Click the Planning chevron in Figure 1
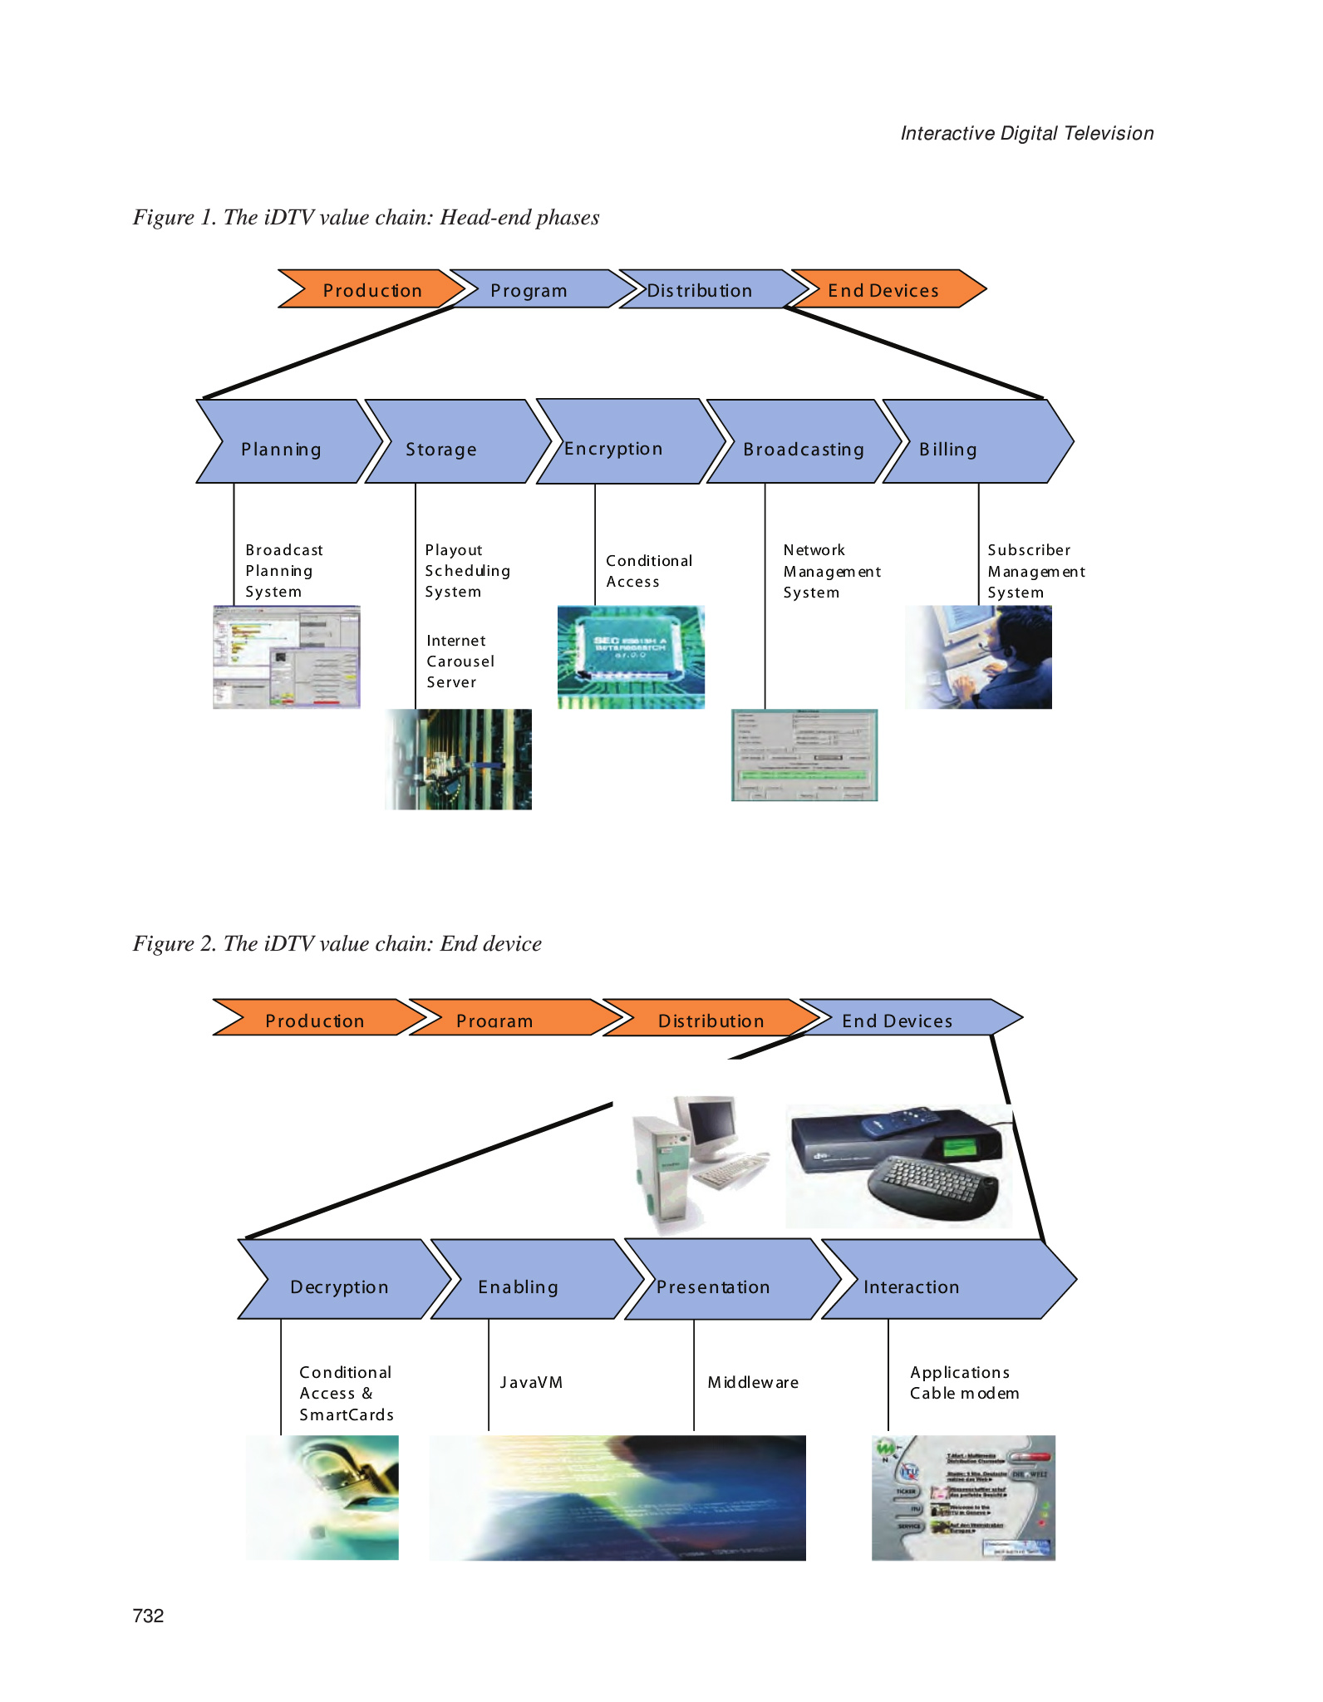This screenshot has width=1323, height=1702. pos(283,441)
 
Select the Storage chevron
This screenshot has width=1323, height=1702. pos(449,441)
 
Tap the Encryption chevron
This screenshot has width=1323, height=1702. pos(623,441)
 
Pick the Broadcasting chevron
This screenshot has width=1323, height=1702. pos(803,441)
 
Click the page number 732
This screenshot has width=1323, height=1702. pos(148,1616)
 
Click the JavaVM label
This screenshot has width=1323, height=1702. pos(531,1382)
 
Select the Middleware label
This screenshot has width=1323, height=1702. pos(753,1382)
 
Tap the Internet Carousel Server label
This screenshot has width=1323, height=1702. pos(460,662)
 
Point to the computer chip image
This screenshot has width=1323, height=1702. pos(631,657)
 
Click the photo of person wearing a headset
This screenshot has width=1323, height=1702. pos(978,657)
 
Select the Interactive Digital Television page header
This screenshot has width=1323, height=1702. pos(1027,133)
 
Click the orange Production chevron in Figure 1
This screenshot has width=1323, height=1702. pos(371,289)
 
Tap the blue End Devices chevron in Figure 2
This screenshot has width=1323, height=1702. pos(906,1018)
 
